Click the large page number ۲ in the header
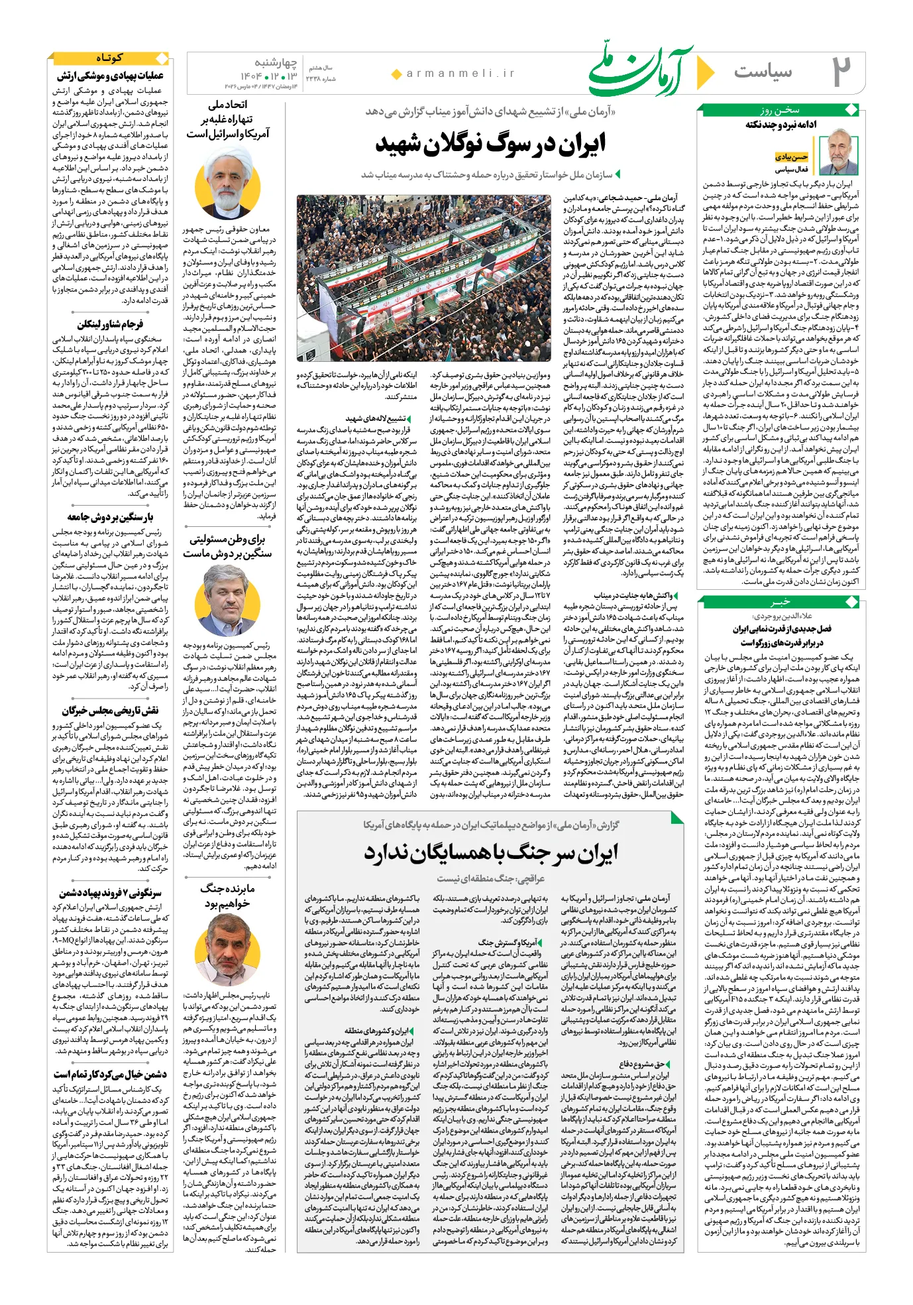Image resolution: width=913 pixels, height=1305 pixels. coord(841,72)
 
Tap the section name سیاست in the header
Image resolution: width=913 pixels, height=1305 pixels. coord(763,71)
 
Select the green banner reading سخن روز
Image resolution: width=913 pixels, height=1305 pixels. coord(780,110)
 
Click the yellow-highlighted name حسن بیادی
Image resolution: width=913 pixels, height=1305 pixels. coord(791,157)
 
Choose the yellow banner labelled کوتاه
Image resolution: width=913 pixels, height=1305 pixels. coord(109,58)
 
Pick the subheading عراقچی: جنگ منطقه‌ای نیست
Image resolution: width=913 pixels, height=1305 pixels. coord(490,878)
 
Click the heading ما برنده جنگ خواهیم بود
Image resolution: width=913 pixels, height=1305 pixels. coord(227,895)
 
